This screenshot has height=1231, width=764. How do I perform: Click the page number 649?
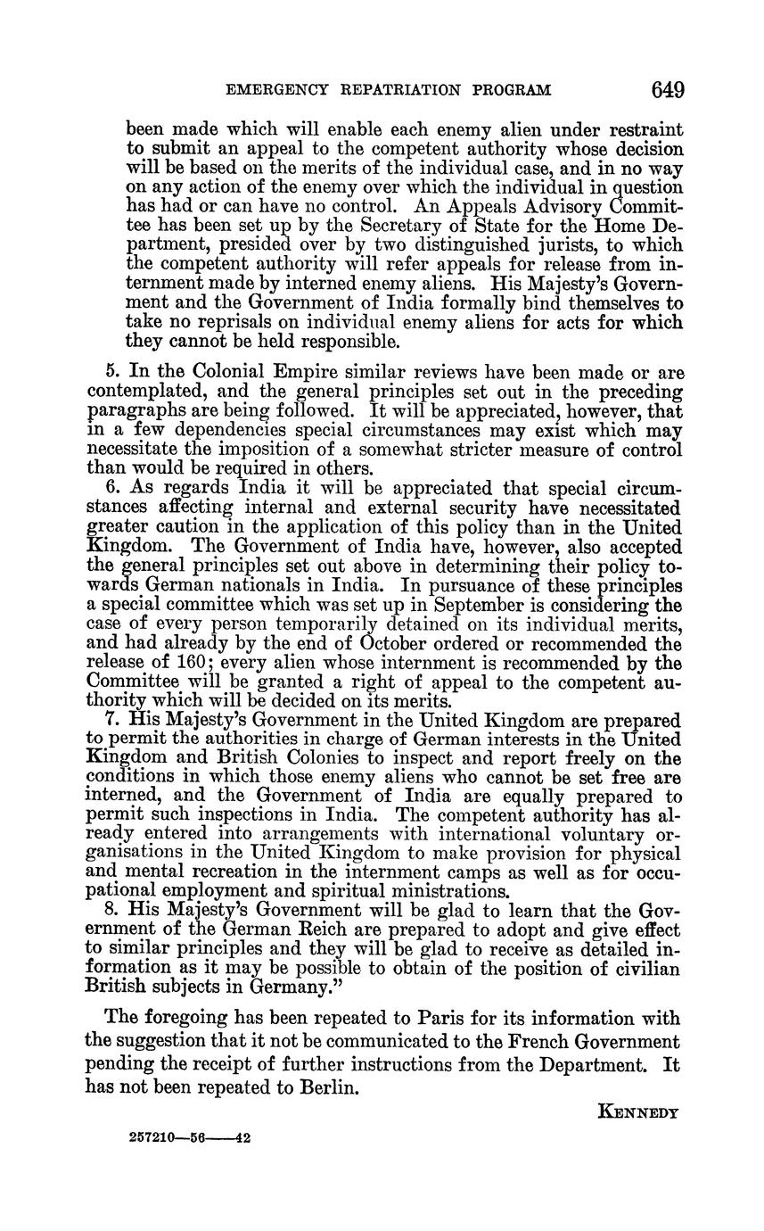[x=668, y=89]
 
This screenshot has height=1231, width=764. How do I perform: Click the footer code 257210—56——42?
[x=189, y=1138]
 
